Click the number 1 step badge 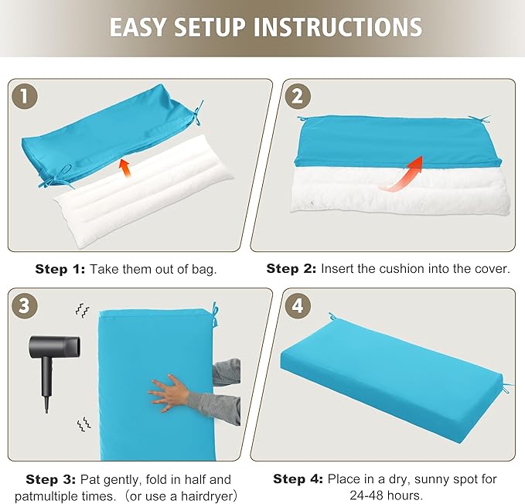coord(25,97)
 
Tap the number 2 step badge coord(298,97)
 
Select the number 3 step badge coord(25,306)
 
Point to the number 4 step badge coord(298,306)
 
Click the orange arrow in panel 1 coord(125,168)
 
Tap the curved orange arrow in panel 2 coord(403,174)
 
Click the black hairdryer coord(53,368)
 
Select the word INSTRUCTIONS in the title coord(338,27)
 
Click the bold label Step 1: coord(60,269)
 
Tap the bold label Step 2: coord(291,268)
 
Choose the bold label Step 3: coord(51,479)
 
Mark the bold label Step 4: coord(298,478)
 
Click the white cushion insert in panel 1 coord(144,191)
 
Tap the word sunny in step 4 coord(426,479)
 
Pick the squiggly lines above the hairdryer coord(83,310)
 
